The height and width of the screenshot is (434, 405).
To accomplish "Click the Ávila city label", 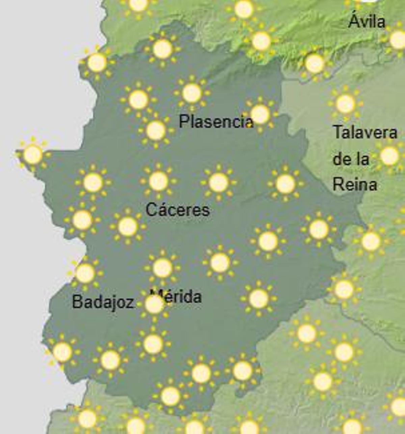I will point(367,22).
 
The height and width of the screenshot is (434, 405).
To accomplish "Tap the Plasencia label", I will point(215,121).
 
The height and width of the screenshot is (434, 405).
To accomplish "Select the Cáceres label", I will point(178,210).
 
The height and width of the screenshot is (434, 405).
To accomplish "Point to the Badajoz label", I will point(103,301).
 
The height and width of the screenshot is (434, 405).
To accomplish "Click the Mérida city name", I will point(179,297).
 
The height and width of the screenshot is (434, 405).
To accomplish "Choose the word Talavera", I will point(365,132).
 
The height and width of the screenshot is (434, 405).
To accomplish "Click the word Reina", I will point(355,184).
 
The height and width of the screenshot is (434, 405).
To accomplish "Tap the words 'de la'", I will point(351,159).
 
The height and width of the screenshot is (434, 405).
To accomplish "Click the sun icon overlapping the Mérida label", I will point(154,305).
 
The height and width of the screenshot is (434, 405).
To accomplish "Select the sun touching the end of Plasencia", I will point(260,114).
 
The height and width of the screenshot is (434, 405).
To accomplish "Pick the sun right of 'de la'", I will point(389,156).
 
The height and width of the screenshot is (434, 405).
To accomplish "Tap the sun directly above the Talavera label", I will point(345,104).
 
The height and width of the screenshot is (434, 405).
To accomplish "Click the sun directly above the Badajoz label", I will point(85,273).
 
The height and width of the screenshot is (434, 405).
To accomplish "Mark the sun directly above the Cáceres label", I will point(158,181).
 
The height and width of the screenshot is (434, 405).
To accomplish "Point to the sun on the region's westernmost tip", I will point(33,154).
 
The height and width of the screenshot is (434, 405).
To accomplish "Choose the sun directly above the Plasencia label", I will point(192,93).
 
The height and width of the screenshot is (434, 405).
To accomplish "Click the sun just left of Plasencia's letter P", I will point(156,131).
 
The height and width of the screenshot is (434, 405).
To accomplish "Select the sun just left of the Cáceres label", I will point(128,226).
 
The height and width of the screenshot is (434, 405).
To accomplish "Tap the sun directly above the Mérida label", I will point(162,268).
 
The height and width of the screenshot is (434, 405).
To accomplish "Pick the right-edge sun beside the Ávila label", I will point(398,40).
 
